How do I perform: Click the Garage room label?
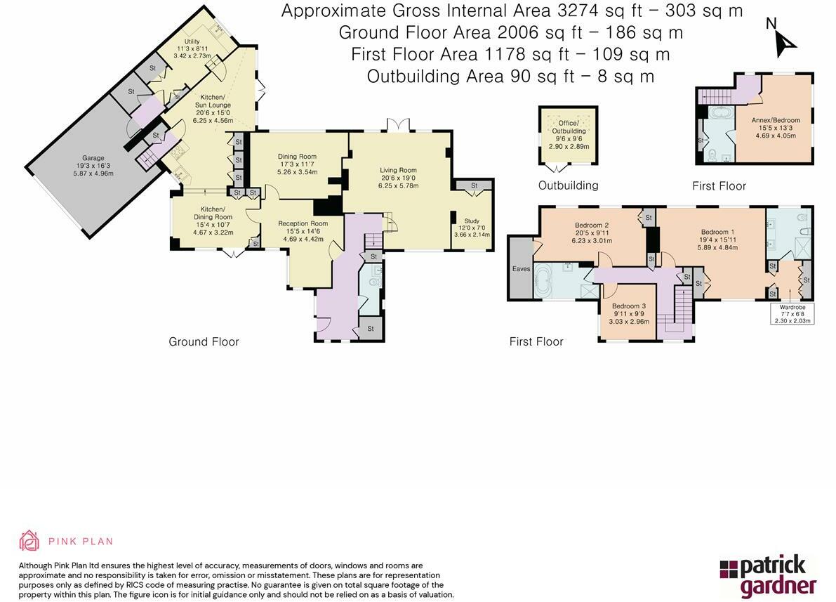point(93,158)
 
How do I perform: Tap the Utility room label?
point(192,41)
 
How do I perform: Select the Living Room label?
point(398,170)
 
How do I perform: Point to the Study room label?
point(472,221)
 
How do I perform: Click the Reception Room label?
point(303,223)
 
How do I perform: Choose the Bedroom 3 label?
point(629,306)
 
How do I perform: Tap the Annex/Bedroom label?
point(776,120)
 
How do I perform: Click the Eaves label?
point(521,269)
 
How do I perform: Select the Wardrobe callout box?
point(792,314)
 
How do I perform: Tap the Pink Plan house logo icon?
point(29,541)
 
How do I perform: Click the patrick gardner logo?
point(769,576)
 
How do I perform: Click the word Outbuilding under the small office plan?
point(569,185)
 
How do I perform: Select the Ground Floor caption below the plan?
point(204,341)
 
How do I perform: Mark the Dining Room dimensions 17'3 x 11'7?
point(298,164)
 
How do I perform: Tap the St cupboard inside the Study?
point(473,185)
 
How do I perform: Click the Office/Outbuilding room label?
point(569,127)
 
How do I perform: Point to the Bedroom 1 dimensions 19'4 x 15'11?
point(717,240)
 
